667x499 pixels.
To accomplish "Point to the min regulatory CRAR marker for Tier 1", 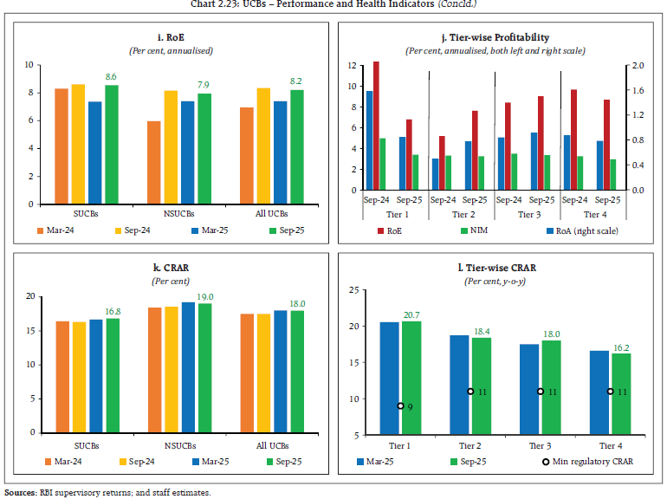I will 400,405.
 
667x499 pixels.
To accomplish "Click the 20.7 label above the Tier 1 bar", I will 411,314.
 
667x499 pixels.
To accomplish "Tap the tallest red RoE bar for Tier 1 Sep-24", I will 376,125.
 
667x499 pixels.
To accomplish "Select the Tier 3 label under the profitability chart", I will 528,213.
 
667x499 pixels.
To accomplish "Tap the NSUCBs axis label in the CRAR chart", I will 180,444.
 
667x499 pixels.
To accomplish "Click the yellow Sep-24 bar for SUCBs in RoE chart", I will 78,144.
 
